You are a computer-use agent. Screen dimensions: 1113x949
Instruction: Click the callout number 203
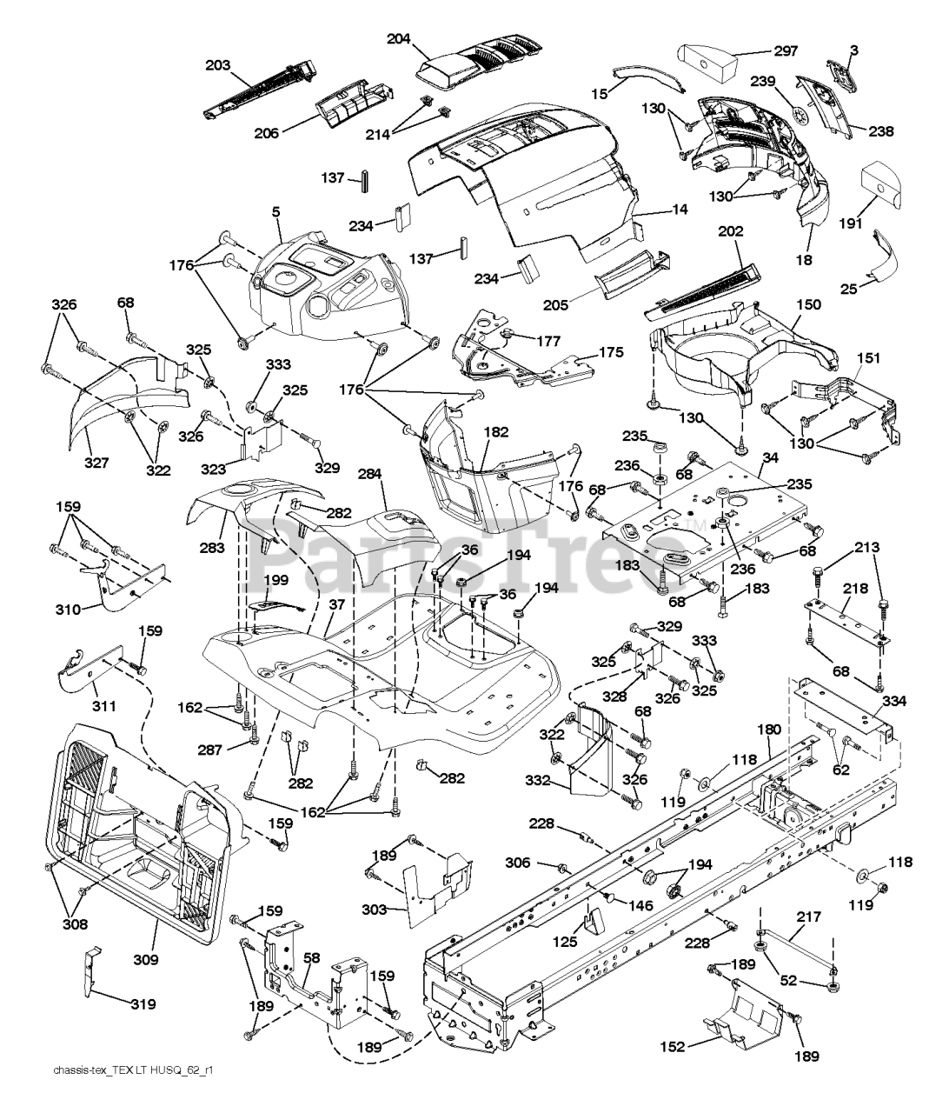click(219, 64)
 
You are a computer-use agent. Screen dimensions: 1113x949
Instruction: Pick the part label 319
click(143, 1004)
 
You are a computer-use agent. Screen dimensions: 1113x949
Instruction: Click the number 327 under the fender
click(96, 463)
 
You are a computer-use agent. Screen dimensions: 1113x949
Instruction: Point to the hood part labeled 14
click(539, 174)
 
